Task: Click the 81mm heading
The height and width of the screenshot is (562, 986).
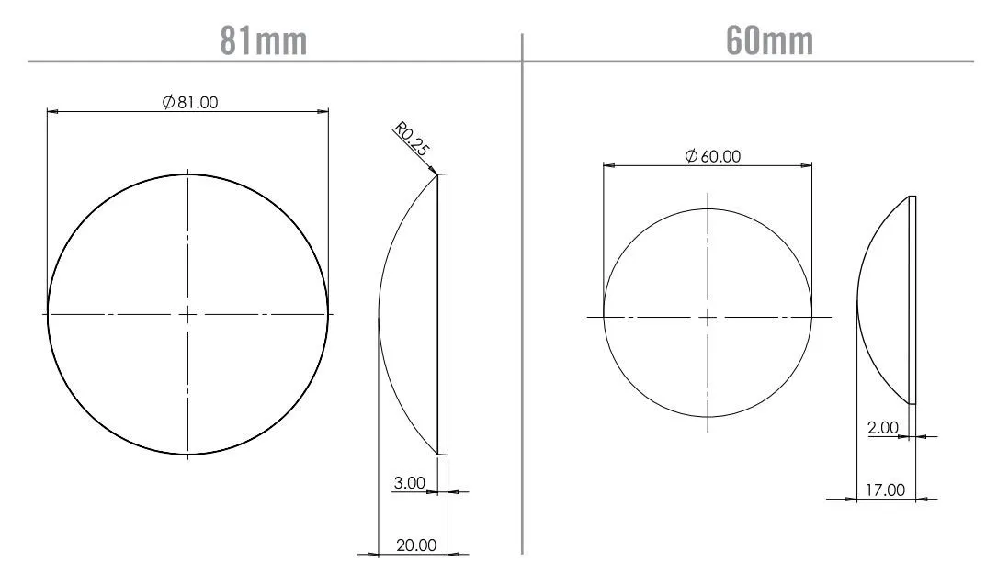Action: coord(264,40)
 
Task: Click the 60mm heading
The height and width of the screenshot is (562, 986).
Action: coord(769,40)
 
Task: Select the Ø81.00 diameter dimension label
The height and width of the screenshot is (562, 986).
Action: coord(190,102)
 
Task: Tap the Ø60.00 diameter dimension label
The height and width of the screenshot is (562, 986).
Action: coord(712,156)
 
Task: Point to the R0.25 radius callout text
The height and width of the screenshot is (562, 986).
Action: coord(412,139)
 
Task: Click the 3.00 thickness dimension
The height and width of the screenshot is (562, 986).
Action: coord(409,483)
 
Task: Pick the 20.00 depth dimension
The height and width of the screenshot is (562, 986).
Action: coord(416,545)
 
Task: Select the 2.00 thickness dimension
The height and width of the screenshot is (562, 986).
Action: coord(883,428)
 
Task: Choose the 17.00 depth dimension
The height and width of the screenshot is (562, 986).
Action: coord(886,489)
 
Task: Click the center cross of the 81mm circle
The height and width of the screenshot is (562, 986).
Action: coord(188,314)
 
